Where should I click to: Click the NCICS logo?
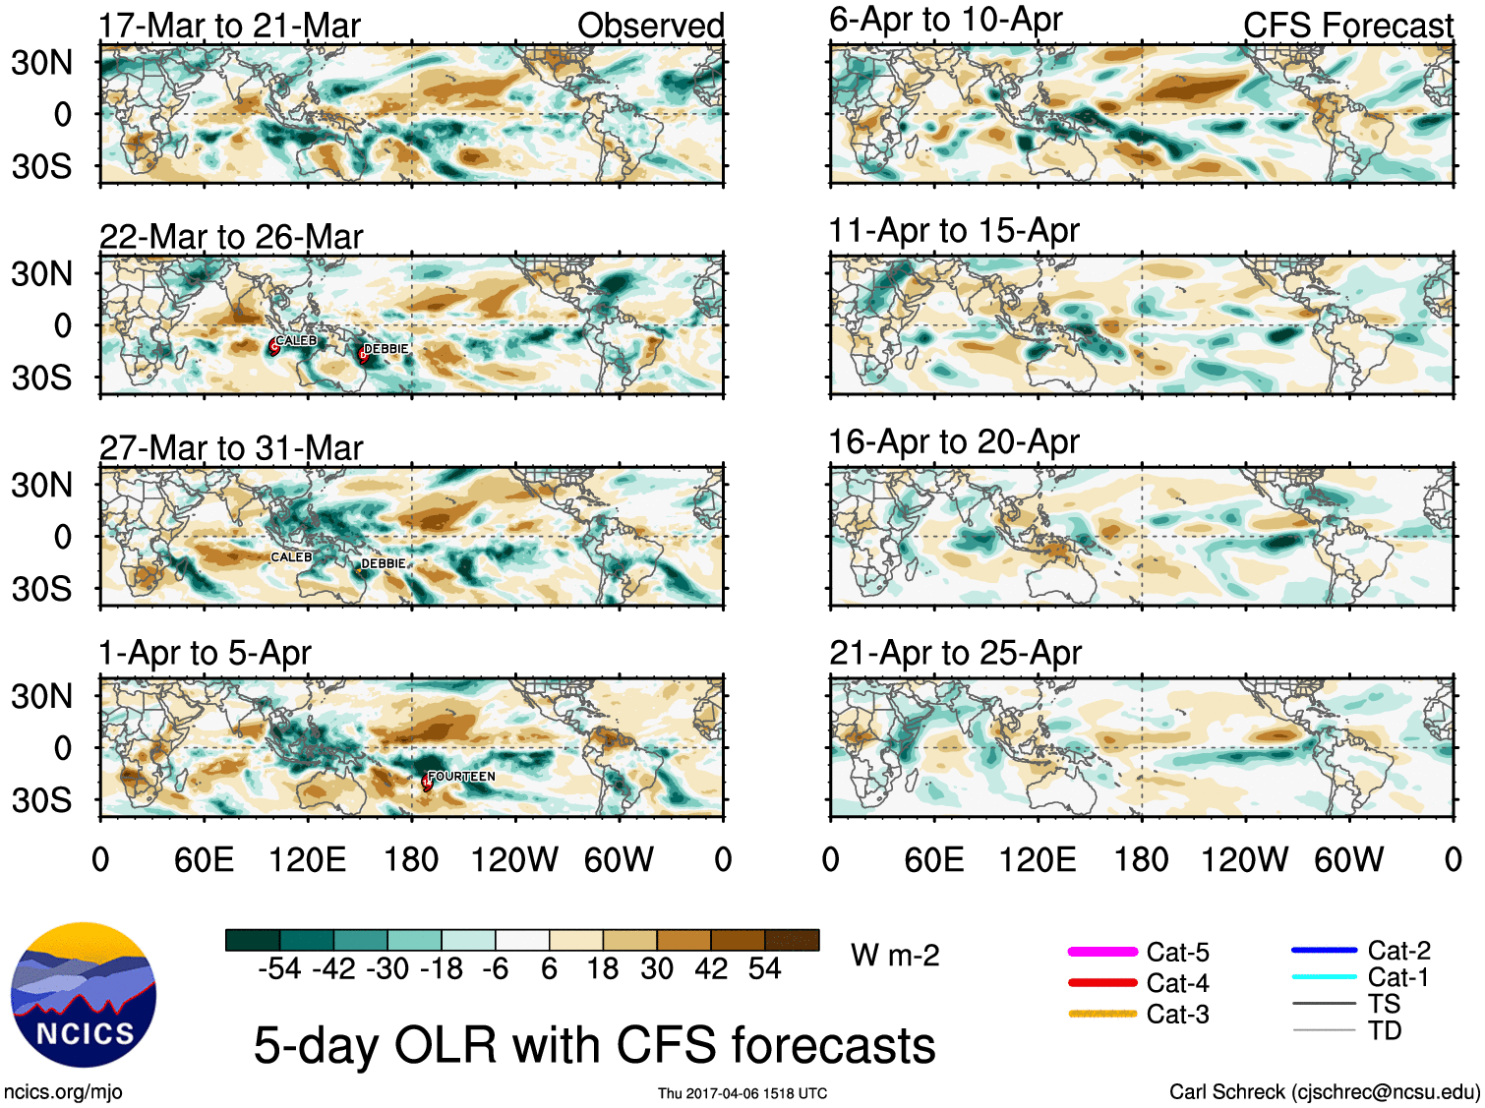(x=84, y=994)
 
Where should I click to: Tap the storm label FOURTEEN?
(x=461, y=777)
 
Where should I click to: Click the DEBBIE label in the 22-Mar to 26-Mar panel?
(x=386, y=349)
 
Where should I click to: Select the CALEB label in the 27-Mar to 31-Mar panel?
(x=291, y=557)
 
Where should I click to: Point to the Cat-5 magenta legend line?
(x=1102, y=952)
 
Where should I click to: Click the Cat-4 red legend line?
(x=1102, y=982)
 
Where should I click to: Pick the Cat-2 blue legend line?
(x=1324, y=951)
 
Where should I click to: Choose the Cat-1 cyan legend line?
(x=1324, y=977)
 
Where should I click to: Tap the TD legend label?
(x=1384, y=1030)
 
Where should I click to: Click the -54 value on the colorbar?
(x=279, y=969)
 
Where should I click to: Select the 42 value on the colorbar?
(x=711, y=969)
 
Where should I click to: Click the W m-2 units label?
(x=895, y=956)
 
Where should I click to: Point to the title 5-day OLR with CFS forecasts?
(x=594, y=1044)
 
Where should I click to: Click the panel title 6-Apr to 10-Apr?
(x=945, y=19)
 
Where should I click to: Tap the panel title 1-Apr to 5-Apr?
(x=205, y=653)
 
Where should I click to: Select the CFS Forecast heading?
(x=1347, y=26)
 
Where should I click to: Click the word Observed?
(x=650, y=26)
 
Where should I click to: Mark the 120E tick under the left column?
(x=308, y=860)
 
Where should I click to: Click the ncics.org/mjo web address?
(x=63, y=1092)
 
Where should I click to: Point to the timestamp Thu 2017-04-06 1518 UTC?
(x=742, y=1093)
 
